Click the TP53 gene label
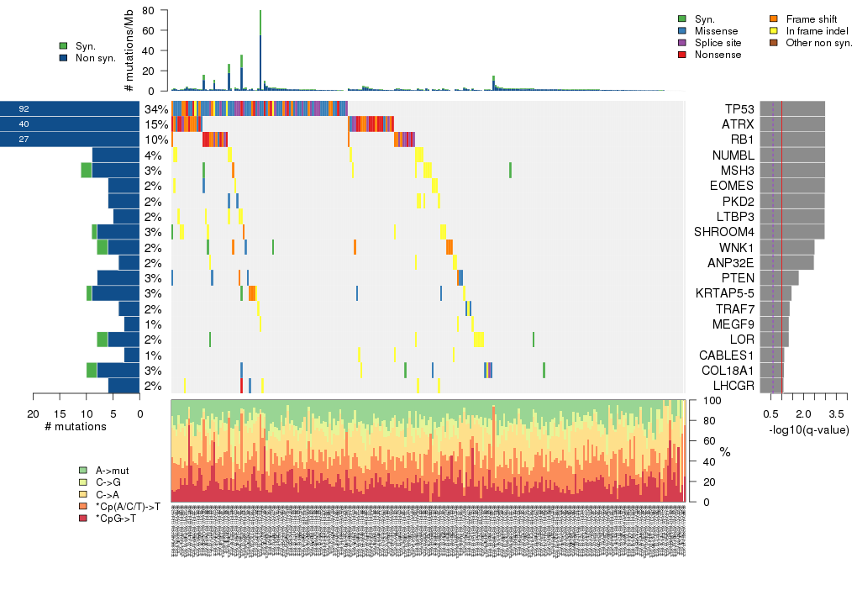coord(739,109)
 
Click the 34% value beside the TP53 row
coord(155,109)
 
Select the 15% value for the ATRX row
coord(155,124)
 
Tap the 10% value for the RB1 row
coord(155,140)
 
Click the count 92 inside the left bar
coord(24,109)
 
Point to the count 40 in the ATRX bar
coord(24,124)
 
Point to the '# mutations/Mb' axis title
coord(129,50)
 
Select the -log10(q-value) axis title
coord(808,430)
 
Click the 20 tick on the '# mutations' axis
coord(34,413)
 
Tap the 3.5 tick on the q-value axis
coord(836,413)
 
